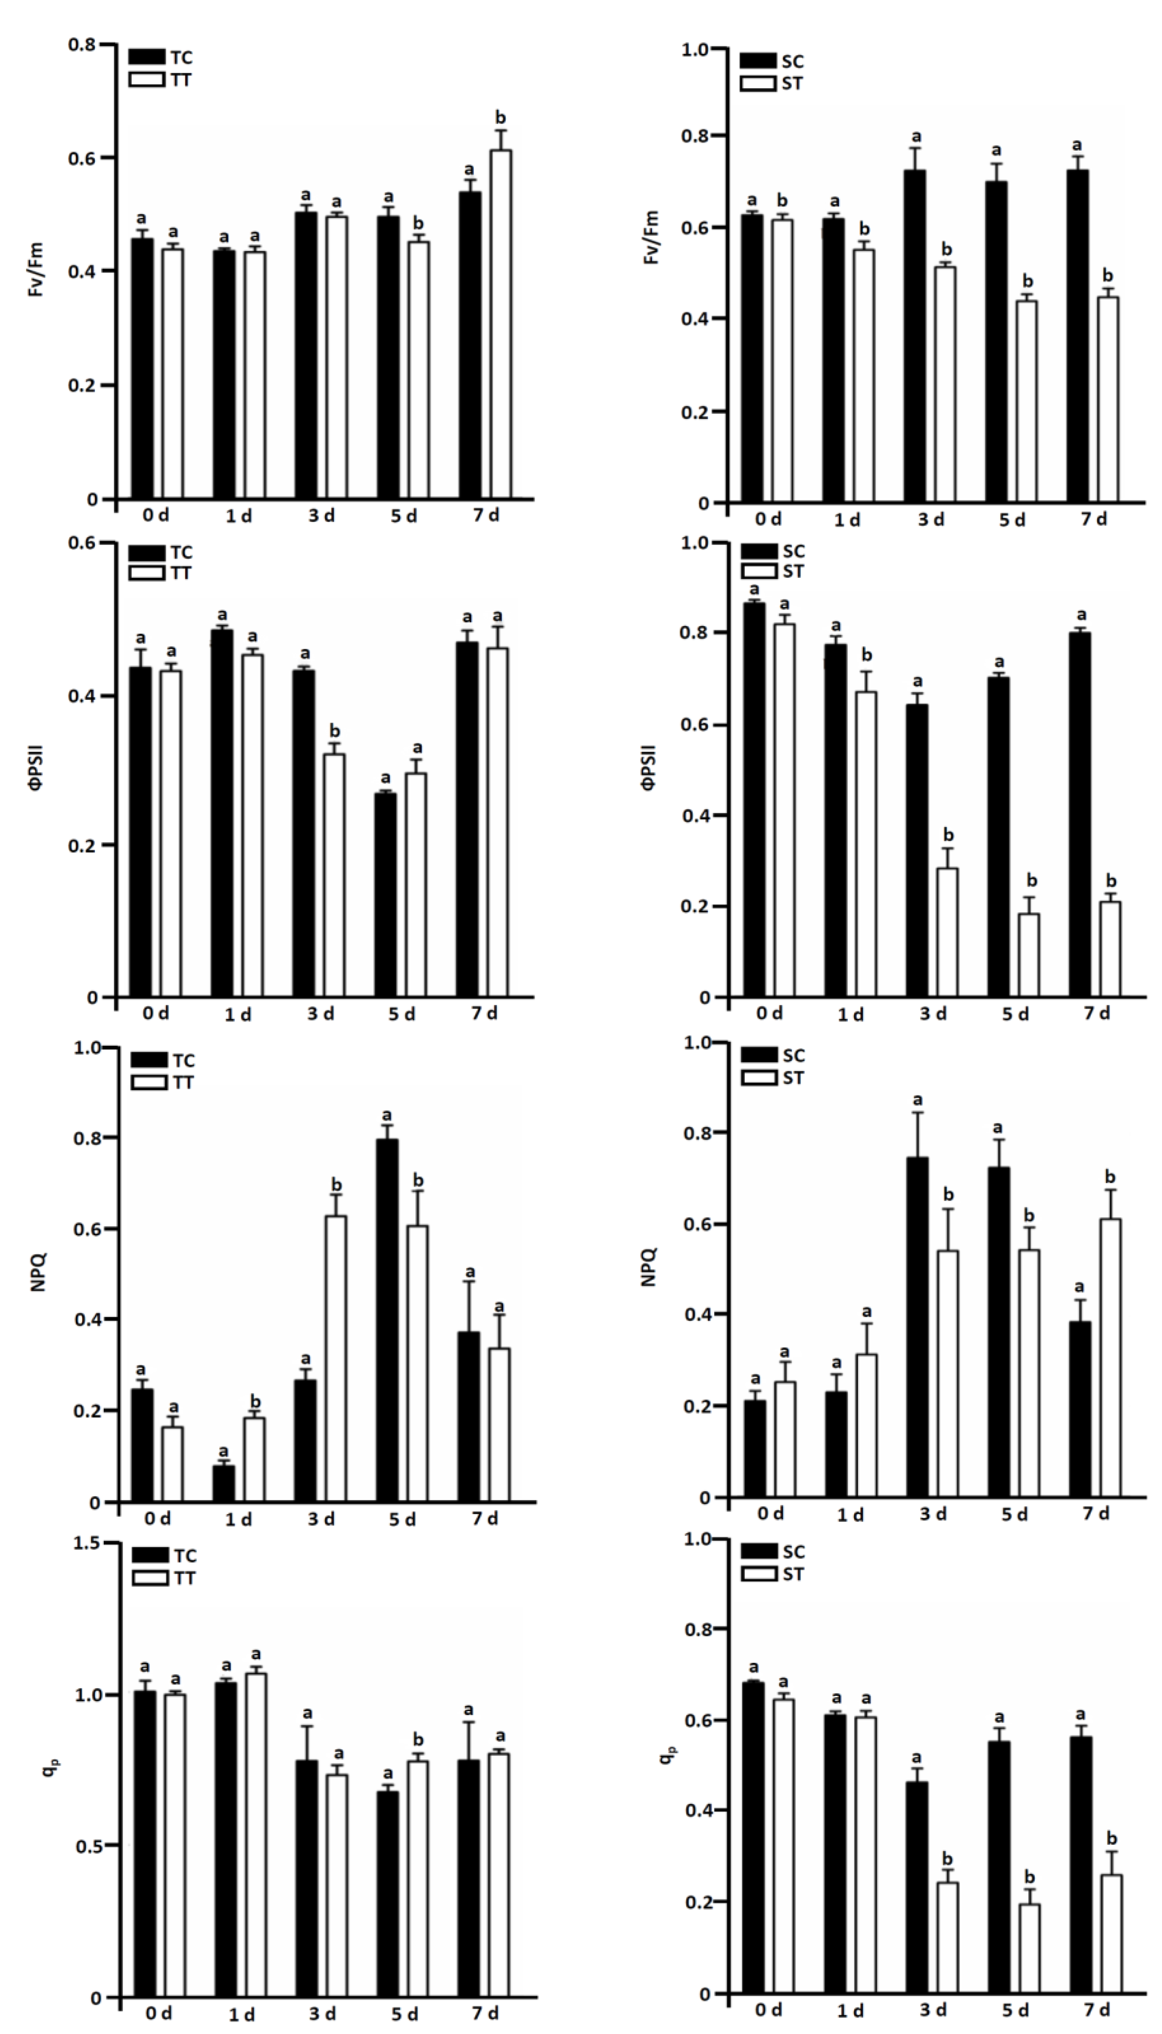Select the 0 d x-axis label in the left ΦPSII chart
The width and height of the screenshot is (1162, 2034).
pyautogui.click(x=156, y=1014)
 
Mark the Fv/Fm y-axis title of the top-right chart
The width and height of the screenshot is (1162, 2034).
pyautogui.click(x=653, y=237)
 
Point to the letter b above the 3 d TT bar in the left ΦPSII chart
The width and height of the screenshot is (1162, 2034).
pyautogui.click(x=335, y=731)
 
